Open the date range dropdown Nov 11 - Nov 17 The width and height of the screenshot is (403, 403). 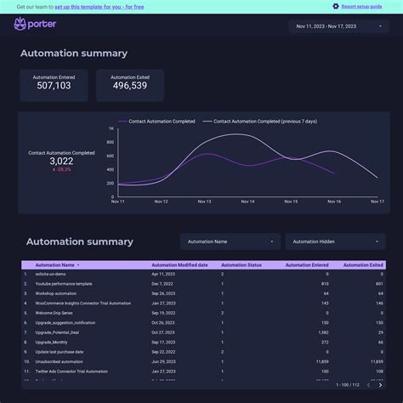(338, 26)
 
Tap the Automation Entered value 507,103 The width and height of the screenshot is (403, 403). (52, 86)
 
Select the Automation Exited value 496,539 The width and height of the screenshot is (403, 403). (129, 86)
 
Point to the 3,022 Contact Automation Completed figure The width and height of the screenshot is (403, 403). (61, 161)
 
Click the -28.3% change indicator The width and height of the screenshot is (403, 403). (61, 169)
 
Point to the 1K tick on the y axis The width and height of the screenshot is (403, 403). (111, 129)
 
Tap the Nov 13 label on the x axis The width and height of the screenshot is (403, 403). (204, 201)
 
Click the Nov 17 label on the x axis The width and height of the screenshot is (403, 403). (377, 201)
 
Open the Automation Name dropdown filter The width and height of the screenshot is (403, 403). (230, 241)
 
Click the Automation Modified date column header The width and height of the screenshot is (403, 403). (179, 265)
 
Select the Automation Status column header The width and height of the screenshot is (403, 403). (241, 265)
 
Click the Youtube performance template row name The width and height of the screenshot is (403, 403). (64, 284)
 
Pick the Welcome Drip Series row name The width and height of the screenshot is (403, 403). (56, 313)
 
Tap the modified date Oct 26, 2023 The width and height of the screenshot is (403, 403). (163, 322)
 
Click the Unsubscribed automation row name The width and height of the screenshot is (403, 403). (60, 361)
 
